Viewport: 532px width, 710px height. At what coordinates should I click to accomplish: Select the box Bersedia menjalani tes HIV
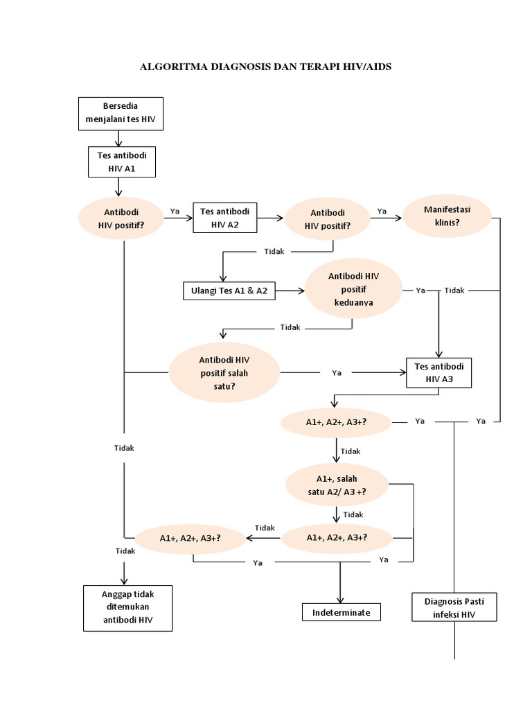pyautogui.click(x=120, y=114)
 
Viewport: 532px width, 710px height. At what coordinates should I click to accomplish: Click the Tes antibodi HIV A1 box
pyautogui.click(x=121, y=162)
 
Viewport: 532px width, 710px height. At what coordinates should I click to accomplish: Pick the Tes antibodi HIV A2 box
pyautogui.click(x=225, y=218)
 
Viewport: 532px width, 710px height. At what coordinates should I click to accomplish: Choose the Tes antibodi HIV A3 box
pyautogui.click(x=438, y=373)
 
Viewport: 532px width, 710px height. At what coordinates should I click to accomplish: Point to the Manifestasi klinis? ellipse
pyautogui.click(x=447, y=216)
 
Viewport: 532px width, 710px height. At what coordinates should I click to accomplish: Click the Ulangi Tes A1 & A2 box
pyautogui.click(x=229, y=291)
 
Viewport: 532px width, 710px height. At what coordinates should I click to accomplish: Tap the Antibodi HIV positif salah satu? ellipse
pyautogui.click(x=224, y=373)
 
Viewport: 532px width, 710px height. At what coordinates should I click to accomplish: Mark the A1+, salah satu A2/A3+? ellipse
pyautogui.click(x=337, y=485)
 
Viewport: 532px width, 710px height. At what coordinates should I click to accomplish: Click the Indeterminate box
pyautogui.click(x=341, y=612)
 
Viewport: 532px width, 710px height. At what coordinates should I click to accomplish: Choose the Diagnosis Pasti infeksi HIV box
pyautogui.click(x=454, y=607)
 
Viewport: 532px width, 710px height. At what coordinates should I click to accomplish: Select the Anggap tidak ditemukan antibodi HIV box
pyautogui.click(x=127, y=607)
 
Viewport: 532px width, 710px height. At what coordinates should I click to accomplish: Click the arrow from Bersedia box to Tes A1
pyautogui.click(x=119, y=139)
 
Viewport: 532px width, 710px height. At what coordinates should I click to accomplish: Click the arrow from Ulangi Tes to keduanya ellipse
pyautogui.click(x=291, y=291)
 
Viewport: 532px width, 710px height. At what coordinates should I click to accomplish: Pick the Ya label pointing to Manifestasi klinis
pyautogui.click(x=382, y=211)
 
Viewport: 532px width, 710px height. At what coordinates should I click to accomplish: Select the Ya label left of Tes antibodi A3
pyautogui.click(x=337, y=373)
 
